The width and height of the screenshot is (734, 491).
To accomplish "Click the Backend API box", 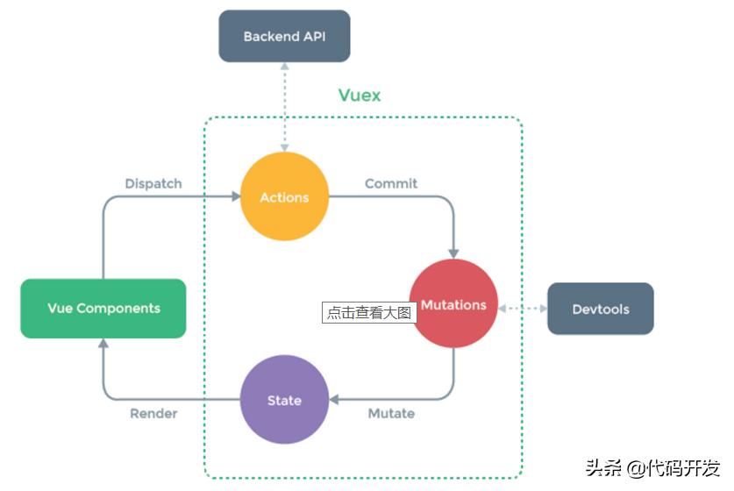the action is pos(284,36).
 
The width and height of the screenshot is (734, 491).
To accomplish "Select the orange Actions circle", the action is pos(284,196).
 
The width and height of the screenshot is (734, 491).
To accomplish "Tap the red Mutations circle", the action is pos(453,303).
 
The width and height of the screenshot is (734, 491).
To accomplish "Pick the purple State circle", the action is pos(284,399).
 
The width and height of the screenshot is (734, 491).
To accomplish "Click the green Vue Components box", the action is pos(103,309).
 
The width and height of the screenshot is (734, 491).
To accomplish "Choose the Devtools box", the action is pos(601,309).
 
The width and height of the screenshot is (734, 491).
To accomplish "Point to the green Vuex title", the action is pos(360,95).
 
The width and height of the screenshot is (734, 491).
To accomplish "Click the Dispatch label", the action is pos(153,183).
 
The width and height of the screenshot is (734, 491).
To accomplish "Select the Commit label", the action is pos(391,183).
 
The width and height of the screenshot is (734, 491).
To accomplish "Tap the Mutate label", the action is pos(391,413).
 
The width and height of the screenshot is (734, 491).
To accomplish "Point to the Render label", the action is pos(153,413).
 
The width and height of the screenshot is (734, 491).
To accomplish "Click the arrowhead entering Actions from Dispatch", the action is pos(236,196).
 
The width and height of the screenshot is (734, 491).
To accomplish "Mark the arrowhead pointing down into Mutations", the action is pos(453,254).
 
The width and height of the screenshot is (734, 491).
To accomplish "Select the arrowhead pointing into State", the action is pos(334,399).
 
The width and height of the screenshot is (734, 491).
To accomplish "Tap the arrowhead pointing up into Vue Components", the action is pos(103,343).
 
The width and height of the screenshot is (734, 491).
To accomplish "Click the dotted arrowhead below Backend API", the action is pos(284,66).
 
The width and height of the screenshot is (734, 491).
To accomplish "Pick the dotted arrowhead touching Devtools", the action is pos(544,309).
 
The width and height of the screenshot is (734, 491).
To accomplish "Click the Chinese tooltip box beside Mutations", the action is pos(369,312).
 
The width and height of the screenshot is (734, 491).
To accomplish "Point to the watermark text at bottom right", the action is pos(652,467).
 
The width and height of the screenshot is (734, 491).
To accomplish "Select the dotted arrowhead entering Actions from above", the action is pos(284,148).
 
